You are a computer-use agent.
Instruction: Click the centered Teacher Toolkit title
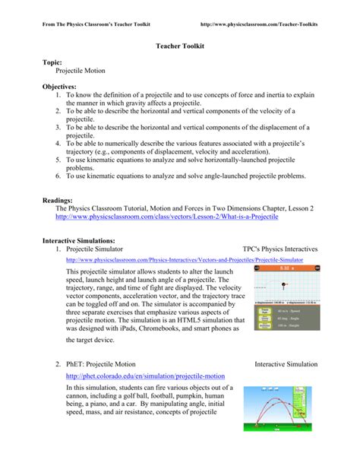point(179,46)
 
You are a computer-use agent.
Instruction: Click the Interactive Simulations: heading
point(90,239)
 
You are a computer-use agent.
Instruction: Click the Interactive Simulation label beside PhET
point(286,364)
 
